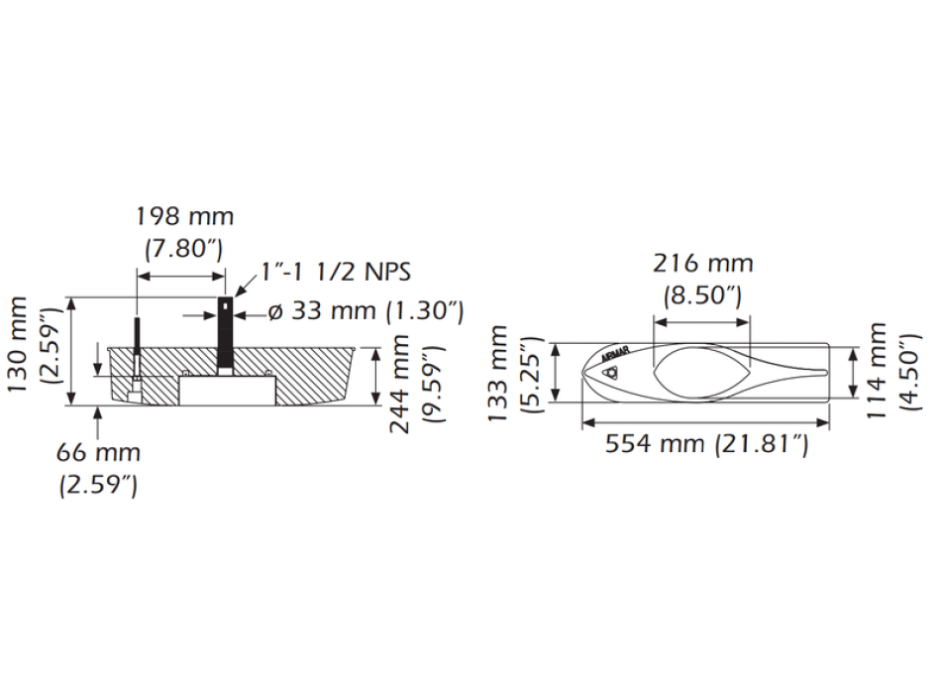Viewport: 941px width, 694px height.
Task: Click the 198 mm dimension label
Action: (185, 216)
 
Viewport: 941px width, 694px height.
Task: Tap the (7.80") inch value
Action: (183, 248)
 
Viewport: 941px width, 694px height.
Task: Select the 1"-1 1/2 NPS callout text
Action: (336, 272)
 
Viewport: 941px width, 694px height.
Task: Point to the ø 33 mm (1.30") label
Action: (366, 311)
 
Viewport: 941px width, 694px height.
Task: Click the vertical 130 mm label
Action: (18, 344)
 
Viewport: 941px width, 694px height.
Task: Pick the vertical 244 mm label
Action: (400, 385)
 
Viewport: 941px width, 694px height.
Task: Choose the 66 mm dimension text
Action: (98, 452)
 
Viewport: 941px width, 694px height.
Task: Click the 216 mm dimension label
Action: (702, 263)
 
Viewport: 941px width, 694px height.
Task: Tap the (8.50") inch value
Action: (702, 295)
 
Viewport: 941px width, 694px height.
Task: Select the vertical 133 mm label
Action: (498, 373)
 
